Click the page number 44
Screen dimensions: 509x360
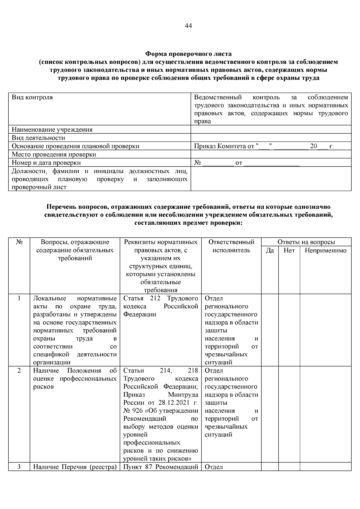pyautogui.click(x=188, y=26)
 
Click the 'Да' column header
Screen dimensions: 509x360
pyautogui.click(x=270, y=250)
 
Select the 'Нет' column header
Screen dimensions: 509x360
pyautogui.click(x=289, y=250)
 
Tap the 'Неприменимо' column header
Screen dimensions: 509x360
pyautogui.click(x=325, y=250)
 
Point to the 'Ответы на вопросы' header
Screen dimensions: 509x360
pyautogui.click(x=306, y=242)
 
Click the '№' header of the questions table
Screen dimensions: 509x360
pyautogui.click(x=19, y=242)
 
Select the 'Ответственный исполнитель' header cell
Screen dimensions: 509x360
pyautogui.click(x=231, y=246)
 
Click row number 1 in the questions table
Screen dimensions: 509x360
pyautogui.click(x=19, y=298)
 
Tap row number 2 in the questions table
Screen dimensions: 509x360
pyautogui.click(x=19, y=371)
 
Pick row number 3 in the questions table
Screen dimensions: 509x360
pyautogui.click(x=19, y=467)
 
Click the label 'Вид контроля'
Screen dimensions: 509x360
pyautogui.click(x=32, y=97)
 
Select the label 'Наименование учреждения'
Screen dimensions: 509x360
pyautogui.click(x=52, y=130)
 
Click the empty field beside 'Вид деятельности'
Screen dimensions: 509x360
pyautogui.click(x=271, y=138)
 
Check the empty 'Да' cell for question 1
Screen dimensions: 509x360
pyautogui.click(x=270, y=330)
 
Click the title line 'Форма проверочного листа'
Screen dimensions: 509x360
pyautogui.click(x=188, y=54)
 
